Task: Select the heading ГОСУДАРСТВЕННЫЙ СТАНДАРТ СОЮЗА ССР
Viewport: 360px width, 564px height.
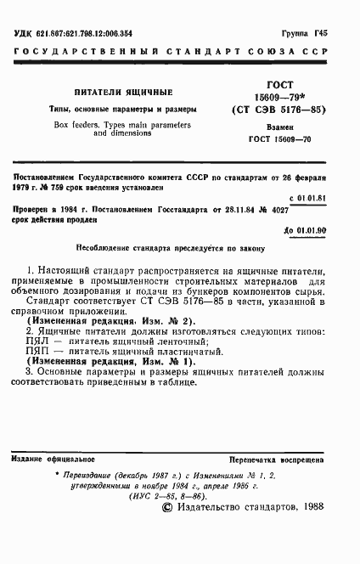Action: (180, 53)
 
